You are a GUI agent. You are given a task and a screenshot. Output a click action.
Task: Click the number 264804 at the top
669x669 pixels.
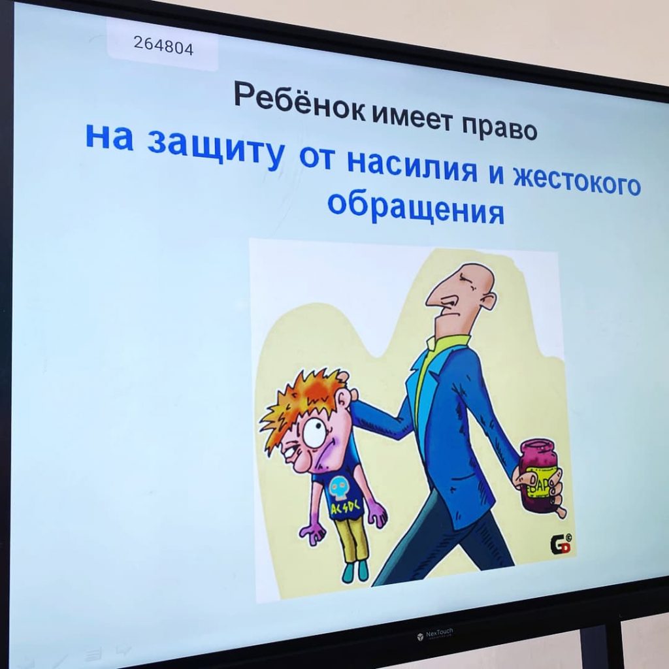(x=163, y=45)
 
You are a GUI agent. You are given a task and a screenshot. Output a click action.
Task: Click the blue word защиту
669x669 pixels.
(x=216, y=149)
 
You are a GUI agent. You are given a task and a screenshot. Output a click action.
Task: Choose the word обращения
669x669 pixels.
(x=416, y=206)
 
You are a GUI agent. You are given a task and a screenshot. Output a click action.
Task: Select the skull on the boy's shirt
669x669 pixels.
(x=340, y=489)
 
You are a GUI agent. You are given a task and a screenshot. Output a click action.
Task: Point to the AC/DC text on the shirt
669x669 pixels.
(x=345, y=508)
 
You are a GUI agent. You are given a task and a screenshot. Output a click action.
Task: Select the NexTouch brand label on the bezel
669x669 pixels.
(x=435, y=634)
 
